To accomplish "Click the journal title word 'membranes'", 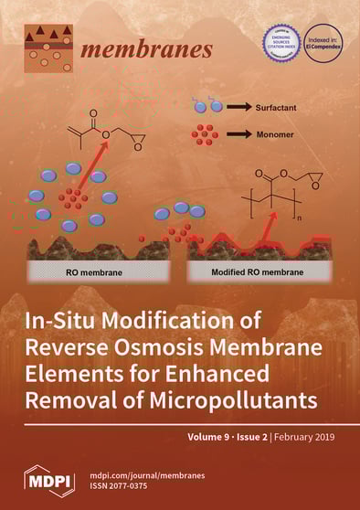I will tap(146, 48).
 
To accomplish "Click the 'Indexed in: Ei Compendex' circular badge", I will tap(323, 43).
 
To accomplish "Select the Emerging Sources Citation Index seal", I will tap(281, 43).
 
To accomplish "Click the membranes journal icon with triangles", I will tap(48, 48).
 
